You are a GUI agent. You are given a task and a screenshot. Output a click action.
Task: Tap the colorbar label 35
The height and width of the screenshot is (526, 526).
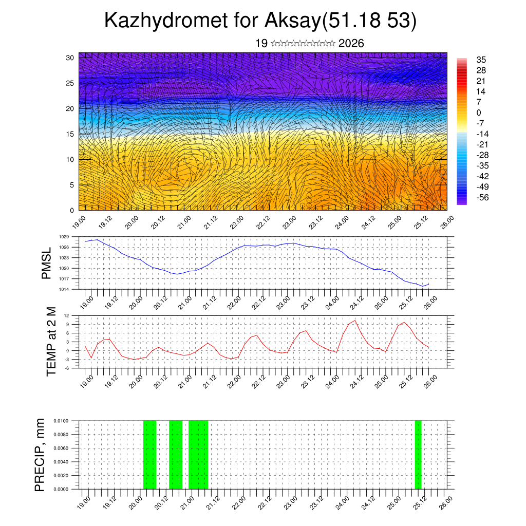tap(481, 60)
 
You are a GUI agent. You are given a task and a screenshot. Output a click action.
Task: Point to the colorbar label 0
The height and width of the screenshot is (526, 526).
tap(479, 113)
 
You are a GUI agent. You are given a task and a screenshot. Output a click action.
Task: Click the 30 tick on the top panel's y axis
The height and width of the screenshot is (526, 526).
tap(70, 58)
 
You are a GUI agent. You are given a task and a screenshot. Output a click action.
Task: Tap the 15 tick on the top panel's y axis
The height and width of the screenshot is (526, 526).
tap(70, 134)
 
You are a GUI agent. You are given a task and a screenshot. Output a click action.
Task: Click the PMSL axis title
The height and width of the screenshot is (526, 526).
tap(46, 263)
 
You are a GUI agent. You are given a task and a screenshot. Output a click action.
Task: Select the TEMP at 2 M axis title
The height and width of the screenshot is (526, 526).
tap(51, 341)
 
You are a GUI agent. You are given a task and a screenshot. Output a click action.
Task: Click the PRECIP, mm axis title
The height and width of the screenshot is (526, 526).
tap(40, 455)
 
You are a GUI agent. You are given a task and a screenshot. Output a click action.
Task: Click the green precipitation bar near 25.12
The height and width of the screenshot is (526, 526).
tap(418, 455)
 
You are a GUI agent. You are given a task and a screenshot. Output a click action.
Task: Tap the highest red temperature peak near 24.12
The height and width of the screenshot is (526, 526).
tap(354, 320)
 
